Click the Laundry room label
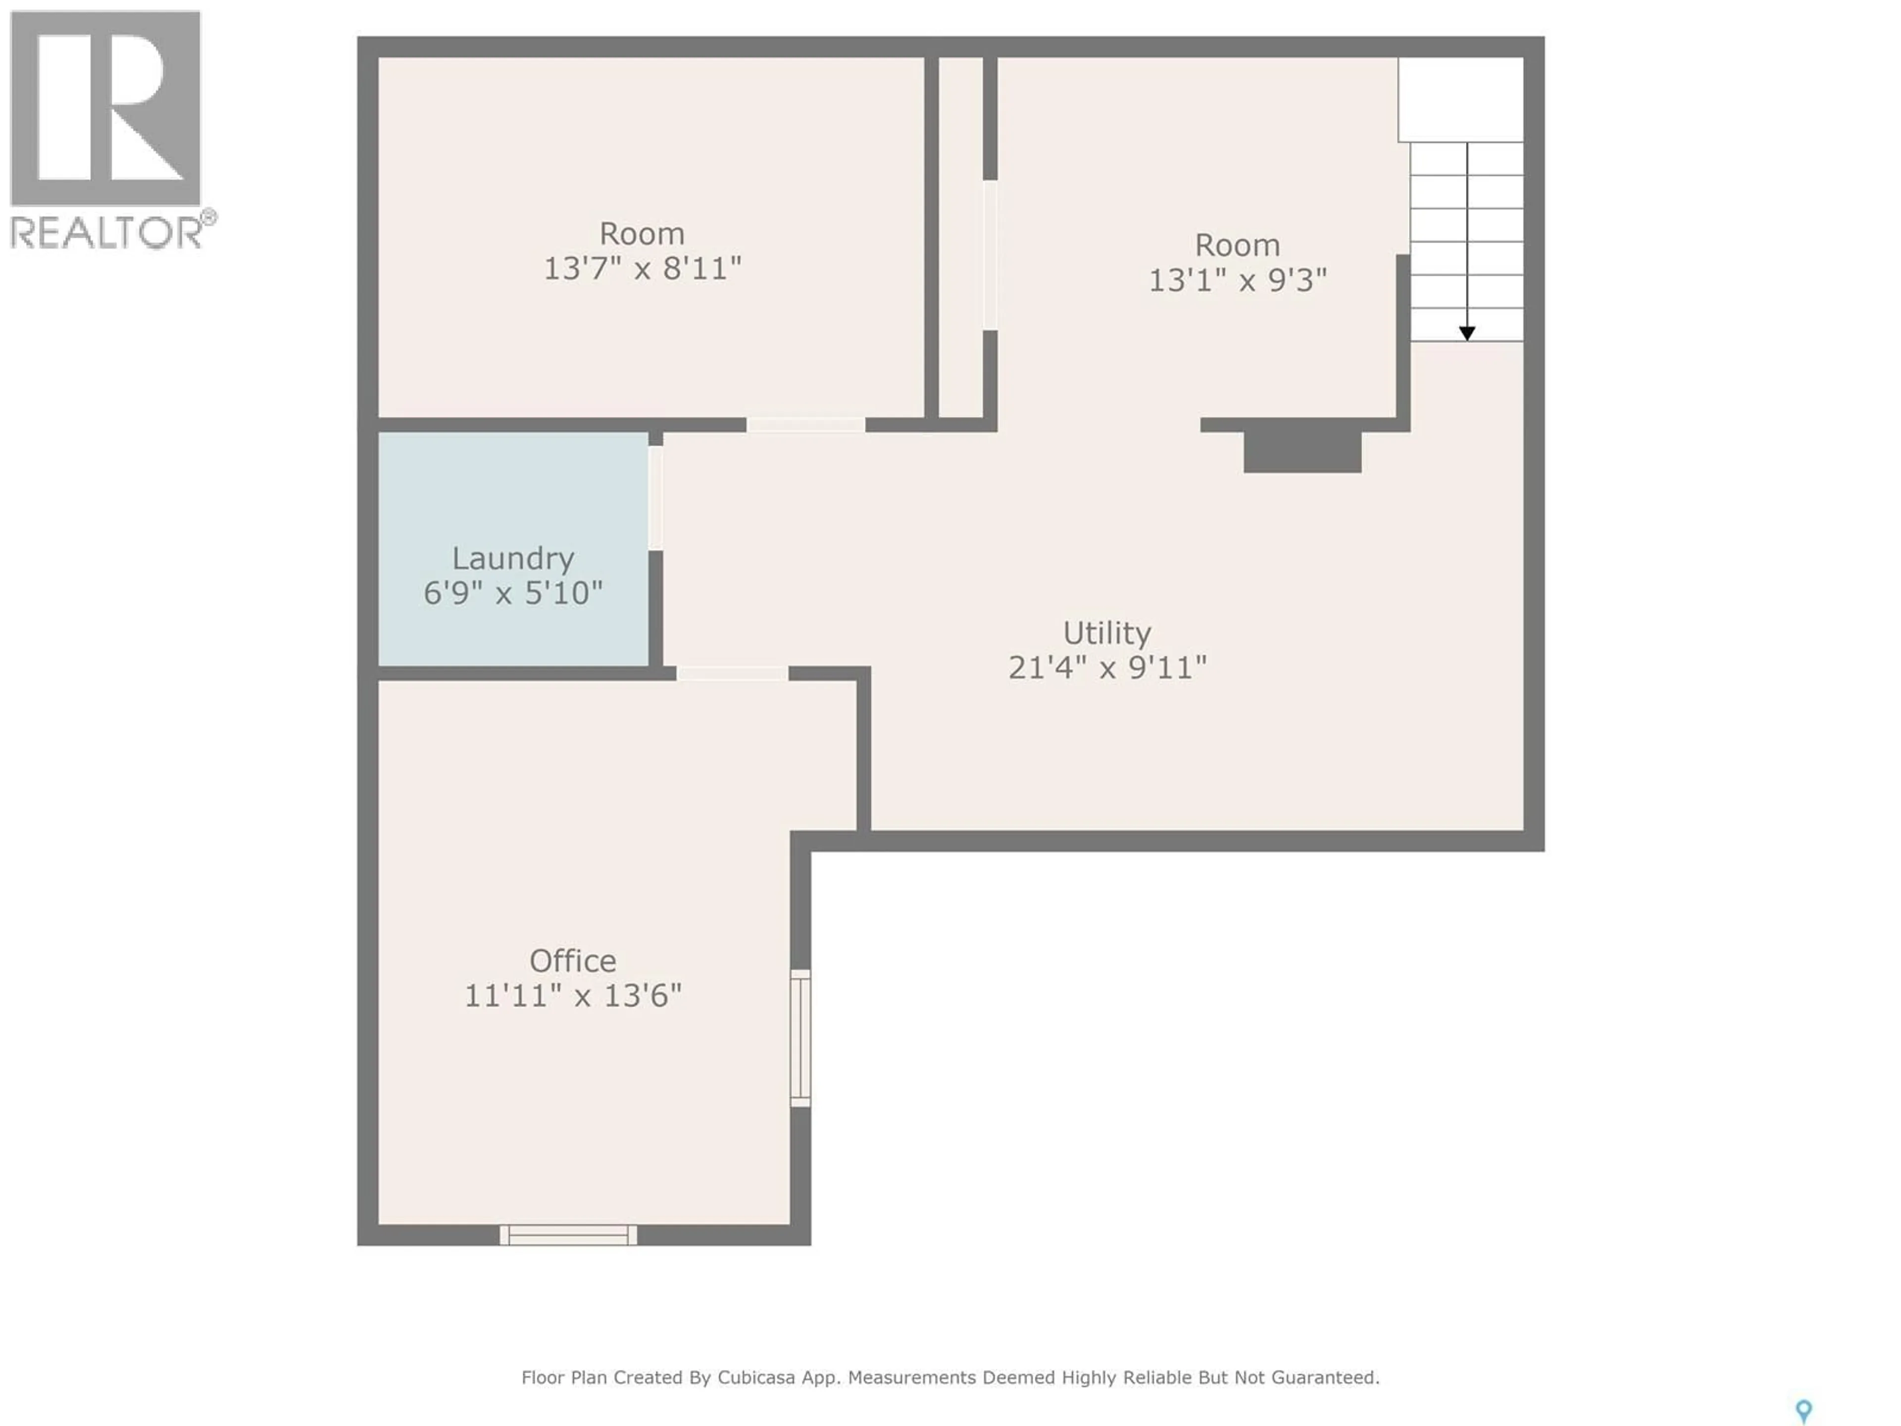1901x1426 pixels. click(513, 559)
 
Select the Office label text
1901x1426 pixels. click(572, 960)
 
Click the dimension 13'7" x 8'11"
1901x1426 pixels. click(642, 269)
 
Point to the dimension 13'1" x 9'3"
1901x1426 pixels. click(1238, 280)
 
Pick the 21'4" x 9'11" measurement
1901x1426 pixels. click(1107, 668)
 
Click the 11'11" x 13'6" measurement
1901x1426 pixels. click(572, 995)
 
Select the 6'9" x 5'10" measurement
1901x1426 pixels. click(513, 593)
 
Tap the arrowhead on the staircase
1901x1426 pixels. click(1467, 334)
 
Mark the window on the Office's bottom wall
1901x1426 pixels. click(568, 1235)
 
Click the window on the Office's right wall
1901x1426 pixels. click(800, 1037)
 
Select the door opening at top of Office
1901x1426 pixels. click(732, 673)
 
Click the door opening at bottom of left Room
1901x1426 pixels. click(805, 425)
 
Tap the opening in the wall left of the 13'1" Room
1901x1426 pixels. click(990, 255)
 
